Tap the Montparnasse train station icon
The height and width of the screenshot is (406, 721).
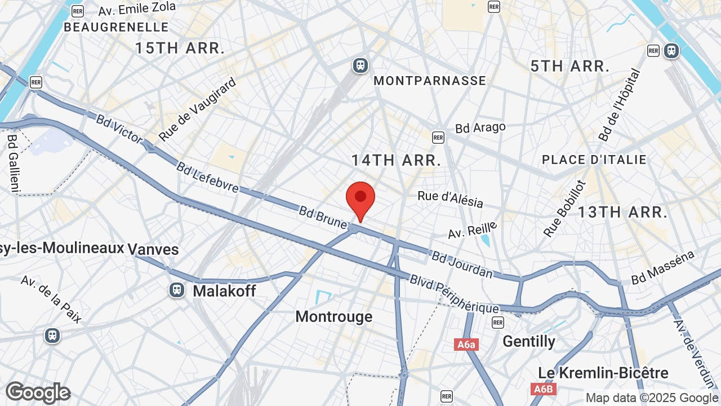(x=360, y=65)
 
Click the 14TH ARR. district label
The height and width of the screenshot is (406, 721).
(x=396, y=160)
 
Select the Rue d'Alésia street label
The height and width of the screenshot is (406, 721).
(x=450, y=199)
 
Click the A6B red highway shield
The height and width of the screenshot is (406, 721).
(x=544, y=389)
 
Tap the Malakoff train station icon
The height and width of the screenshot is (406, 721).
(x=177, y=290)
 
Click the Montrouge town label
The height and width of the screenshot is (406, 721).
(x=334, y=316)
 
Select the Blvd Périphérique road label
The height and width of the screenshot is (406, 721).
(x=454, y=294)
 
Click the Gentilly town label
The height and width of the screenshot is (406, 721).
(x=529, y=341)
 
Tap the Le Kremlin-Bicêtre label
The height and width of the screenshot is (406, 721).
(x=603, y=373)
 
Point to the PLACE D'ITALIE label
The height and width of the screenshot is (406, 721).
(x=594, y=160)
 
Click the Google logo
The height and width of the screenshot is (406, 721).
(x=38, y=392)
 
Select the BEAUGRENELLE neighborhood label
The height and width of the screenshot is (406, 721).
(x=116, y=27)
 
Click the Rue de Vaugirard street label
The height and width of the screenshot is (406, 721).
(x=197, y=109)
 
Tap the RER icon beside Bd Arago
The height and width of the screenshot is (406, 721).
(x=438, y=137)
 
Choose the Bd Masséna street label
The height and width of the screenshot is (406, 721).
(x=662, y=268)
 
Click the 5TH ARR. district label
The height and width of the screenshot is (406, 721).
(x=570, y=66)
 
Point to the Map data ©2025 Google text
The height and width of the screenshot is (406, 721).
(x=652, y=398)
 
